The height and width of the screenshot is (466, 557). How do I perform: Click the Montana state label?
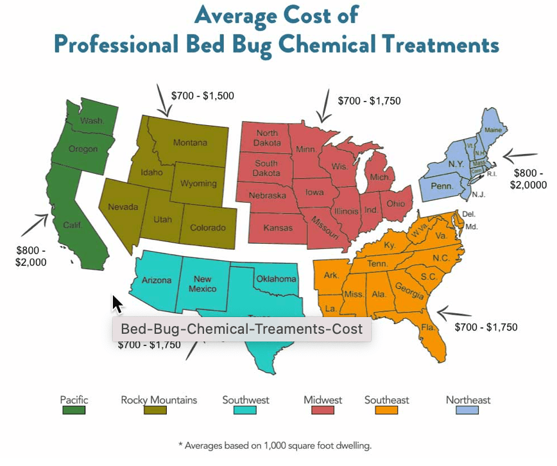click(190, 142)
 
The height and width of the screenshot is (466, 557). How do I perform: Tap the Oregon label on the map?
click(83, 149)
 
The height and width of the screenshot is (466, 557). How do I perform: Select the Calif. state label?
click(73, 225)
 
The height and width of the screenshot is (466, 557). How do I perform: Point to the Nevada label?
click(123, 207)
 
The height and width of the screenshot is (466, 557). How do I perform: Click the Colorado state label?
click(207, 228)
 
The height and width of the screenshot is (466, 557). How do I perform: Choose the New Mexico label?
click(203, 284)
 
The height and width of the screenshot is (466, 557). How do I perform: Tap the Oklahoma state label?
click(276, 279)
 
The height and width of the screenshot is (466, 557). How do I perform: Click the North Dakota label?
click(266, 137)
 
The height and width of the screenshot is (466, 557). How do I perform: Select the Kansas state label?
click(277, 228)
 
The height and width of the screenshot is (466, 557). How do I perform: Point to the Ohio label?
click(396, 203)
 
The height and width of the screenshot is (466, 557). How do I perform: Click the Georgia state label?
click(409, 291)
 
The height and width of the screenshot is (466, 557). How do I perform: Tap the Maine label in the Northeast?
click(493, 130)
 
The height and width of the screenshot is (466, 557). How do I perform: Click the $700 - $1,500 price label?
click(202, 96)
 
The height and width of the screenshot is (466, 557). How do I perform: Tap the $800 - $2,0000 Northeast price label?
click(527, 179)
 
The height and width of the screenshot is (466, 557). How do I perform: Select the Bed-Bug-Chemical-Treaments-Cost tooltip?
click(241, 329)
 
